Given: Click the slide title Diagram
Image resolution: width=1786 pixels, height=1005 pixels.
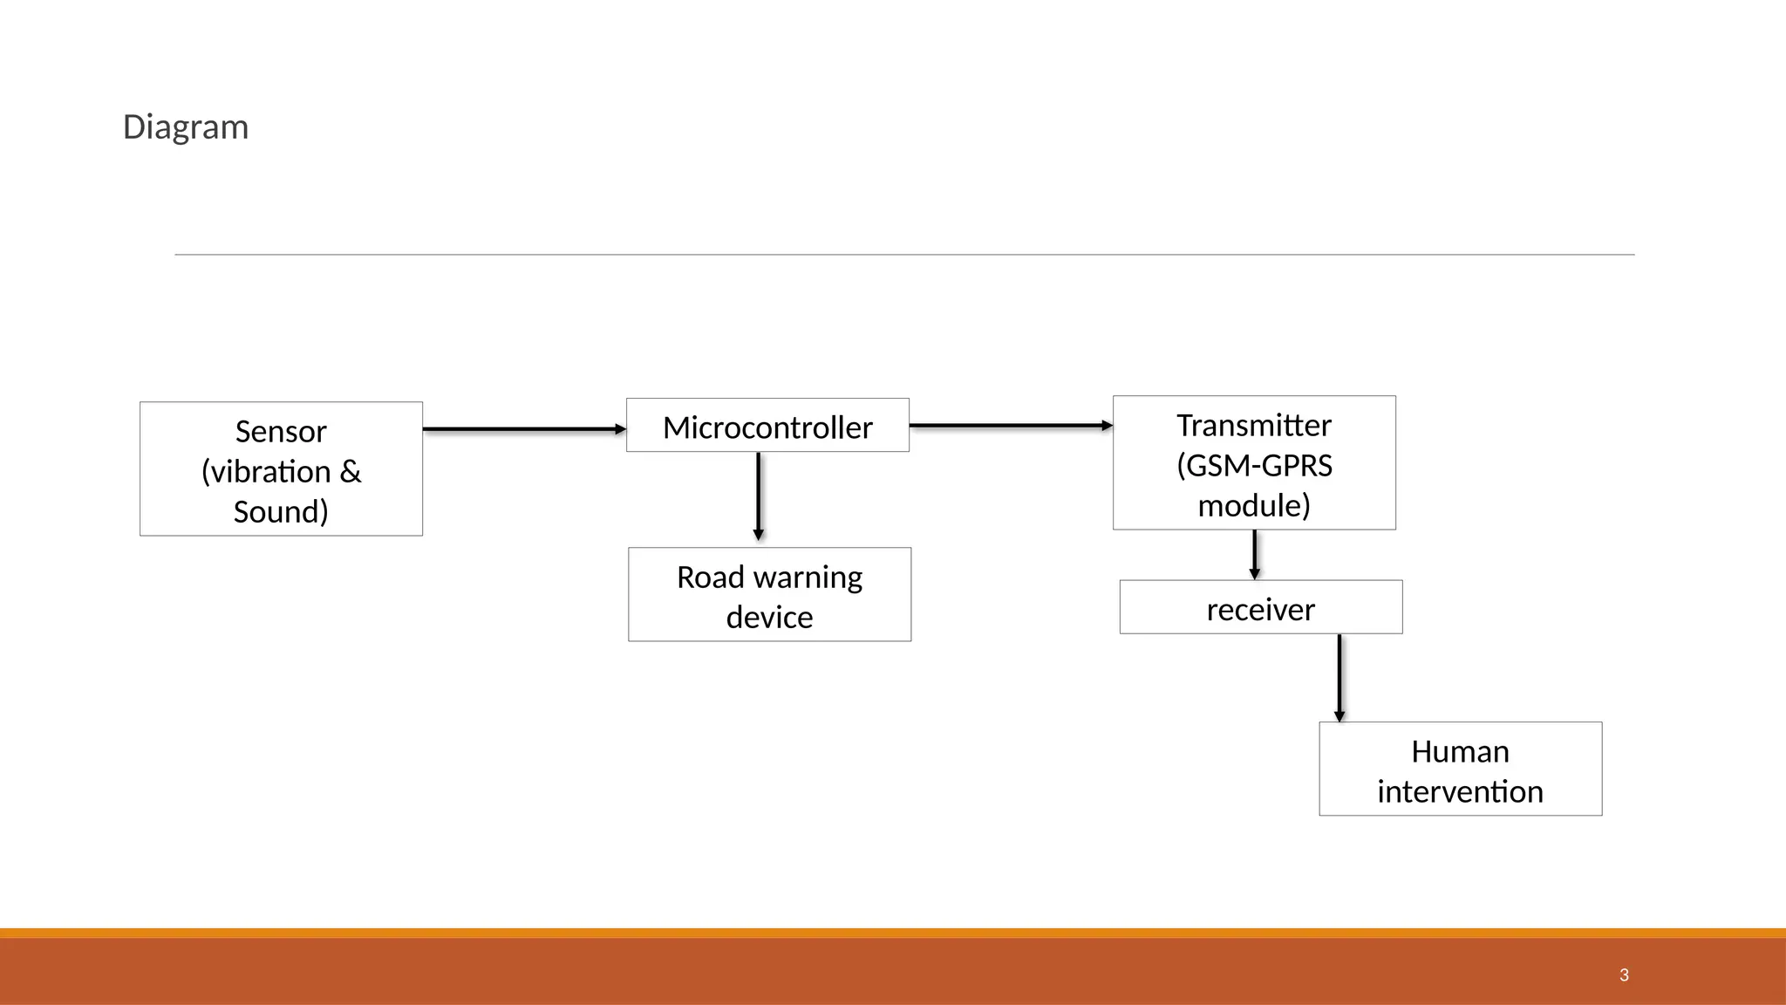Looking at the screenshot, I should (x=186, y=127).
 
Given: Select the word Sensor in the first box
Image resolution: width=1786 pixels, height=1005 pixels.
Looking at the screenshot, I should (x=281, y=432).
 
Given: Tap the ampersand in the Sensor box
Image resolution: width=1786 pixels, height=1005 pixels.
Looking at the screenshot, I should (x=351, y=472).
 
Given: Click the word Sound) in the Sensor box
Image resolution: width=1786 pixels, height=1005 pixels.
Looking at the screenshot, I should (x=281, y=512).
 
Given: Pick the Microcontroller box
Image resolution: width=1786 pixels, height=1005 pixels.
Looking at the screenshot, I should (x=767, y=427).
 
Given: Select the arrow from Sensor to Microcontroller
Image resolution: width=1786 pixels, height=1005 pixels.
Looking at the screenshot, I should (x=523, y=429).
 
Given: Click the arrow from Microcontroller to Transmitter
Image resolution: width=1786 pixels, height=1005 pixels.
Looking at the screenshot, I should (x=1010, y=426).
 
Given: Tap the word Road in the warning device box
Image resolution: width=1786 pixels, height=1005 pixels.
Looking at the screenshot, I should (x=710, y=578).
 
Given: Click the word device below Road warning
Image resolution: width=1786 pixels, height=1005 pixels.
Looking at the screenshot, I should (x=769, y=618).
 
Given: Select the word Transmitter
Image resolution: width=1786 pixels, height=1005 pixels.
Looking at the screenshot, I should (x=1254, y=426).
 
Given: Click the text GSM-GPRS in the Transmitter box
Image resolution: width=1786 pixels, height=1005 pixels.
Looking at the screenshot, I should (x=1259, y=466).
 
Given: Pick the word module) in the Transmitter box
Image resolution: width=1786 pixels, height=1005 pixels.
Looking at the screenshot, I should (x=1254, y=506).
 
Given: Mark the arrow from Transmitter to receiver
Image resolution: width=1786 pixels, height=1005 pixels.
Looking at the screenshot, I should (x=1254, y=554).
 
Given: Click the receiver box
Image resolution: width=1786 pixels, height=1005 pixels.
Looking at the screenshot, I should (x=1261, y=609).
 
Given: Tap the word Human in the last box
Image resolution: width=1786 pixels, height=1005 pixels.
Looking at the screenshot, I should (x=1460, y=752).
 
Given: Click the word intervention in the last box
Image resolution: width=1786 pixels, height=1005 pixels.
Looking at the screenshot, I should (x=1460, y=792).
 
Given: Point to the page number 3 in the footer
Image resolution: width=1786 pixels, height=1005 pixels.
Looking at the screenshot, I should (x=1624, y=975).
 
